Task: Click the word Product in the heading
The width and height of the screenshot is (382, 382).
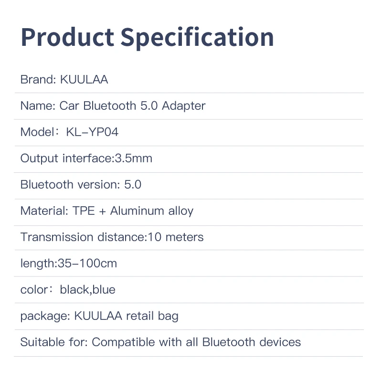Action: pyautogui.click(x=67, y=37)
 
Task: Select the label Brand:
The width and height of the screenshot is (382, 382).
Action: pyautogui.click(x=38, y=80)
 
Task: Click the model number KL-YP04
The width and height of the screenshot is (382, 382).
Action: pyautogui.click(x=92, y=132)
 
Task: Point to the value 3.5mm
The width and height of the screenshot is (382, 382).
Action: pyautogui.click(x=134, y=159)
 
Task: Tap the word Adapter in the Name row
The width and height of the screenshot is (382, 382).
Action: pyautogui.click(x=183, y=106)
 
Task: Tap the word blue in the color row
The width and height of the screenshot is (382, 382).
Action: pyautogui.click(x=104, y=289)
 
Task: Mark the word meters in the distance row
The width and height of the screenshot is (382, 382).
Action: pyautogui.click(x=184, y=237)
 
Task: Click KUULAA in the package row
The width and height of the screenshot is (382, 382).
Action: pyautogui.click(x=98, y=316)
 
